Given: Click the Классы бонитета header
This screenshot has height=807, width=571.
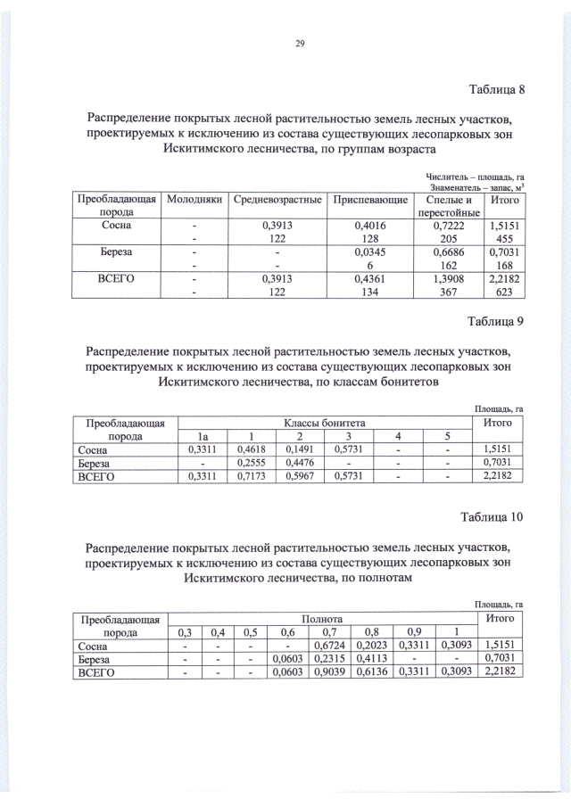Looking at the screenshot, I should click(325, 421).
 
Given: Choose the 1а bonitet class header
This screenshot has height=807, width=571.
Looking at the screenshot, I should click(203, 436).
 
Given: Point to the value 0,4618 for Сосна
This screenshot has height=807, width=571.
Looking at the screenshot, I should click(252, 450).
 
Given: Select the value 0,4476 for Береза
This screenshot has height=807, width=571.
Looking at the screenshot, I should click(300, 464).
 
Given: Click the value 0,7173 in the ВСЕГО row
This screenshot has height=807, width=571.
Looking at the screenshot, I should click(252, 478).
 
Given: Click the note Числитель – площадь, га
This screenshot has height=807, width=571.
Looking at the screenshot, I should click(474, 176).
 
